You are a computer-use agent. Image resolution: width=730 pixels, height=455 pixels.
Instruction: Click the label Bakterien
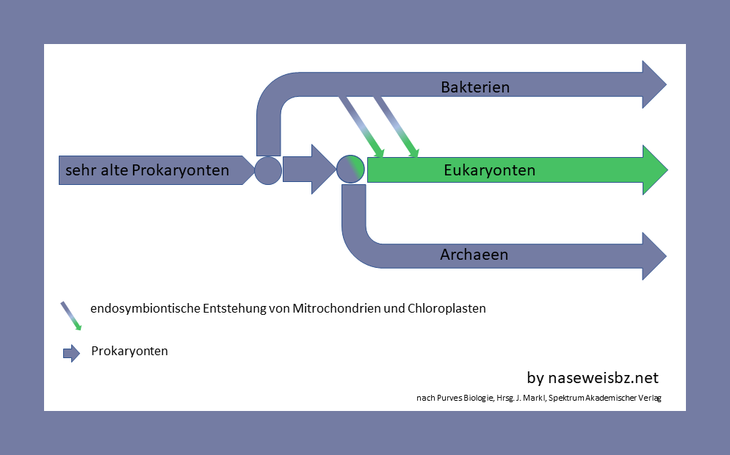click(475, 87)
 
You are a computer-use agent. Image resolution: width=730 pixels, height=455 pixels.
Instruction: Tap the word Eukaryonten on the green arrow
click(489, 170)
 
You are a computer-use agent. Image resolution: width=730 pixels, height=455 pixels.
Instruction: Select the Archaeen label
click(474, 255)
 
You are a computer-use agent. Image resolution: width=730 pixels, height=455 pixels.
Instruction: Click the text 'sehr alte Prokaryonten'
click(147, 170)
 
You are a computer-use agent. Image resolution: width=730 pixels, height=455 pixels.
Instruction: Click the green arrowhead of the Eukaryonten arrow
click(654, 170)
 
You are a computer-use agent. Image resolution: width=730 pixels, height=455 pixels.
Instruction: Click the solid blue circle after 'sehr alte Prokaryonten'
click(268, 170)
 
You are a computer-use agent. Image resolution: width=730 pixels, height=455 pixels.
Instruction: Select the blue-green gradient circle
click(350, 170)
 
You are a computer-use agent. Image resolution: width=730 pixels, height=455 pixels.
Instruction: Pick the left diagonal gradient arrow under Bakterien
click(361, 125)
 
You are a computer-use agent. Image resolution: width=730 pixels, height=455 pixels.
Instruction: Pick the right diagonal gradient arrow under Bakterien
click(396, 125)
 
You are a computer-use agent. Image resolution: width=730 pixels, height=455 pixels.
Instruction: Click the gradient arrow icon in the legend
click(71, 316)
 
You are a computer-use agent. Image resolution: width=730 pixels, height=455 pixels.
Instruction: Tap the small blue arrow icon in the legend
click(71, 353)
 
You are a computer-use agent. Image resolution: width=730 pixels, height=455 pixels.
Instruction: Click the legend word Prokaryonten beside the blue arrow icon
click(129, 351)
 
